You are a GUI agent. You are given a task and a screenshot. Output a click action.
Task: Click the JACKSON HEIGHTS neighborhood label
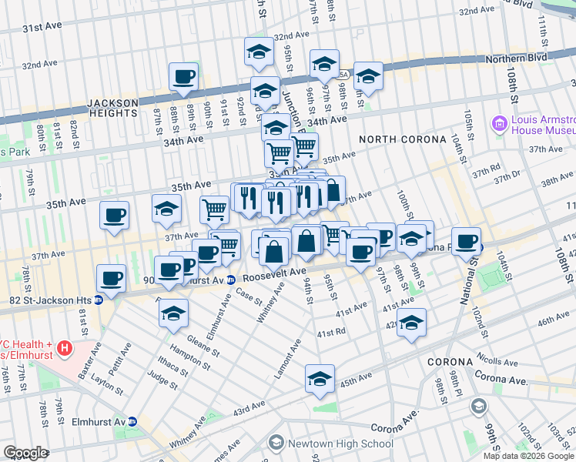tap(112, 108)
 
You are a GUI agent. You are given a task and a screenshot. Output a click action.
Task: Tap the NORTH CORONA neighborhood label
tap(403, 139)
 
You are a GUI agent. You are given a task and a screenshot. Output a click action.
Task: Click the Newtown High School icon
tap(276, 444)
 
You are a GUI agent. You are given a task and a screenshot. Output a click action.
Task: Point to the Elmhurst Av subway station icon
tap(132, 422)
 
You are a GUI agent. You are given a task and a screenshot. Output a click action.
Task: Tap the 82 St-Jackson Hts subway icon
tap(99, 300)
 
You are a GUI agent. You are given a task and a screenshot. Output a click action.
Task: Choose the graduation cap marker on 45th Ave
tap(320, 379)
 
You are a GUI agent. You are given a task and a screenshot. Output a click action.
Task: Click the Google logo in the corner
tap(25, 453)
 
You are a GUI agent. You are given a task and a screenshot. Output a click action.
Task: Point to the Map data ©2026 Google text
tap(527, 456)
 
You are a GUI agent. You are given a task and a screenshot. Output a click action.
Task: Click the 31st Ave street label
tap(42, 27)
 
